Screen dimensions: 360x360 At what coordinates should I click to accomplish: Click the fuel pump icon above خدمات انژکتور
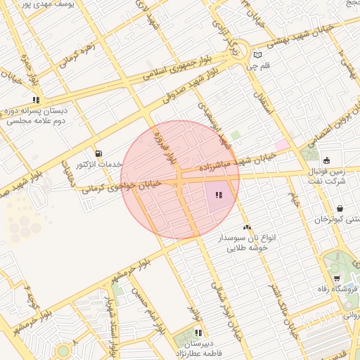(98, 153)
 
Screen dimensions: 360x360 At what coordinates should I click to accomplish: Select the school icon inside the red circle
(219, 195)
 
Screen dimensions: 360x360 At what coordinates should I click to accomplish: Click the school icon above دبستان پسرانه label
(36, 100)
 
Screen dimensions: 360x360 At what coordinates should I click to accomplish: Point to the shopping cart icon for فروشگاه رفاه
(337, 277)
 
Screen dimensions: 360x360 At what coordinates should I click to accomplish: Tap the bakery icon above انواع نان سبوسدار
(247, 228)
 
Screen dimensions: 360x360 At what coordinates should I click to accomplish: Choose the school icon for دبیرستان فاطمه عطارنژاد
(198, 333)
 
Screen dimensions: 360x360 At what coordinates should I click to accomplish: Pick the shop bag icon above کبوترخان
(340, 208)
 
